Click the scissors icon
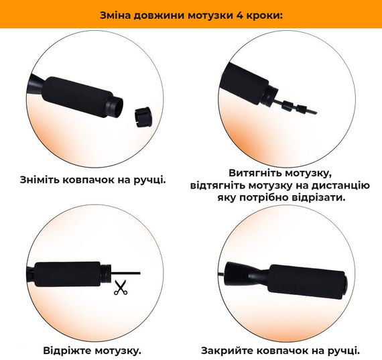pyautogui.click(x=121, y=288)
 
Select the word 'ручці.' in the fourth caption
pyautogui.click(x=342, y=350)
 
